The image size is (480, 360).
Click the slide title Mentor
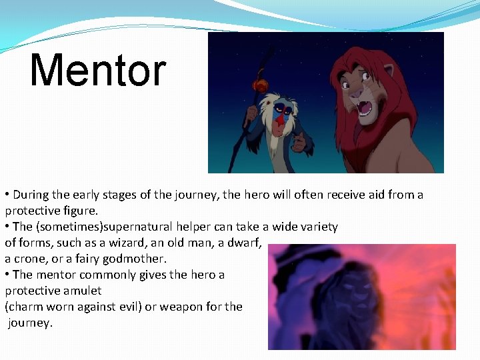pos(98,71)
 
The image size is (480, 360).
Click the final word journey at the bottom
pos(29,323)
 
